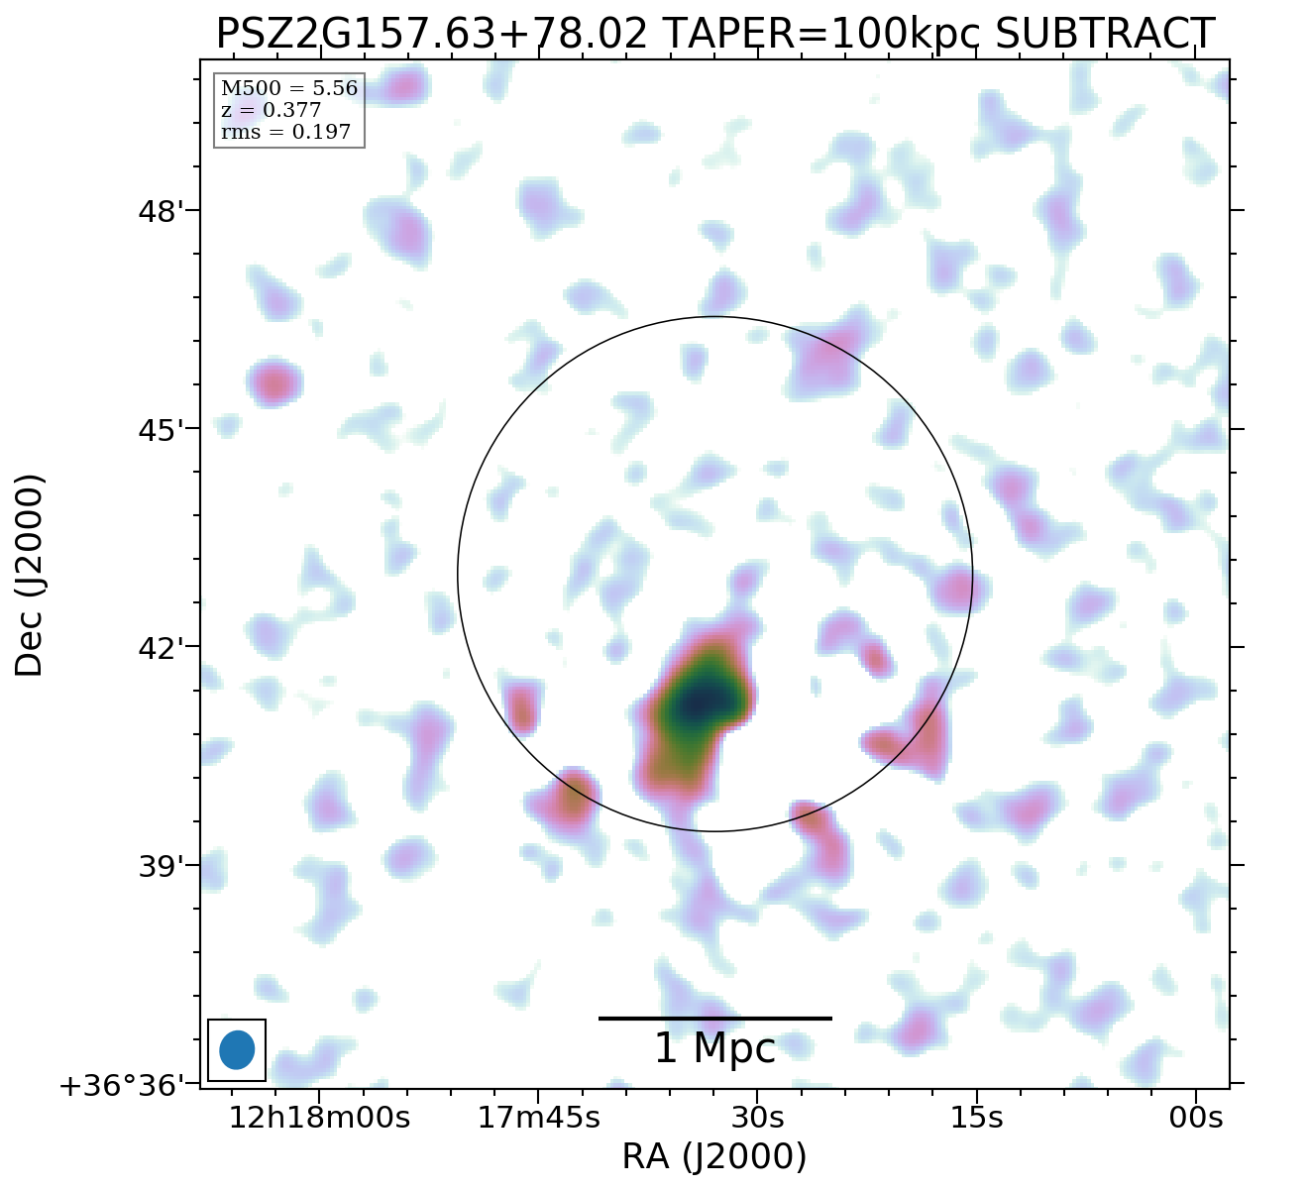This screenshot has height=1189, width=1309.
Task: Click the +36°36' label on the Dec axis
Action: pos(122,1087)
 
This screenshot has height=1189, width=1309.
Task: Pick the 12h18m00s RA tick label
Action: pos(319,1118)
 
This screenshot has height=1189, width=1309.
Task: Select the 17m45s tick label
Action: pos(539,1118)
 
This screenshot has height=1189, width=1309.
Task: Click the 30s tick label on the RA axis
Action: pos(757,1118)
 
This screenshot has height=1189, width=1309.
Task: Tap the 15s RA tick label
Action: pos(976,1118)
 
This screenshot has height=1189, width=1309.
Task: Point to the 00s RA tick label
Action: pos(1196,1118)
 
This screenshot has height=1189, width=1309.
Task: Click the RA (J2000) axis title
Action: pos(714,1156)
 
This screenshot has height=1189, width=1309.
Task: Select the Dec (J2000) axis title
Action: pos(30,575)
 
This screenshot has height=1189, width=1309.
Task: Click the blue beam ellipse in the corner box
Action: pos(237,1050)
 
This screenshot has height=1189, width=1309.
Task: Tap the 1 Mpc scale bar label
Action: pos(714,1049)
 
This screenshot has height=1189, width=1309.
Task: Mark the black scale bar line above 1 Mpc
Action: pos(714,1018)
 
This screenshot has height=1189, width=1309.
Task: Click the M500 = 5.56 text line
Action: pos(288,89)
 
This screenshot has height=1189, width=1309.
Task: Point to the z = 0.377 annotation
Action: pos(271,111)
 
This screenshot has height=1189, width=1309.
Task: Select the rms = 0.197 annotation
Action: pos(285,132)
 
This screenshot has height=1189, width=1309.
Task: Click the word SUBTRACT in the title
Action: pos(1104,35)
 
